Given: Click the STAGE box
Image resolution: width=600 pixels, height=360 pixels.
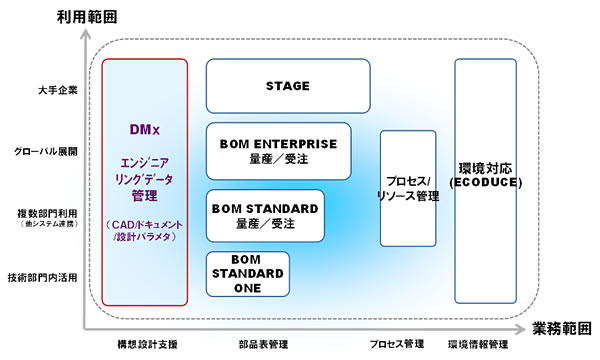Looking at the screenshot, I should pos(287,86).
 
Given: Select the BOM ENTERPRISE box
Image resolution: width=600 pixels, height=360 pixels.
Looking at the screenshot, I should pos(278,151).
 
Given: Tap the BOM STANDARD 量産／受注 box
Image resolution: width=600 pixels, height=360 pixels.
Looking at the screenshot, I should pos(266,216).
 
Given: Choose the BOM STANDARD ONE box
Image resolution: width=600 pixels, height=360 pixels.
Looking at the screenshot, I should pos(247,274).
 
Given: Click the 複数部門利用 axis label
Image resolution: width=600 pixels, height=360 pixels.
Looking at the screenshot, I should pos(47,213).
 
